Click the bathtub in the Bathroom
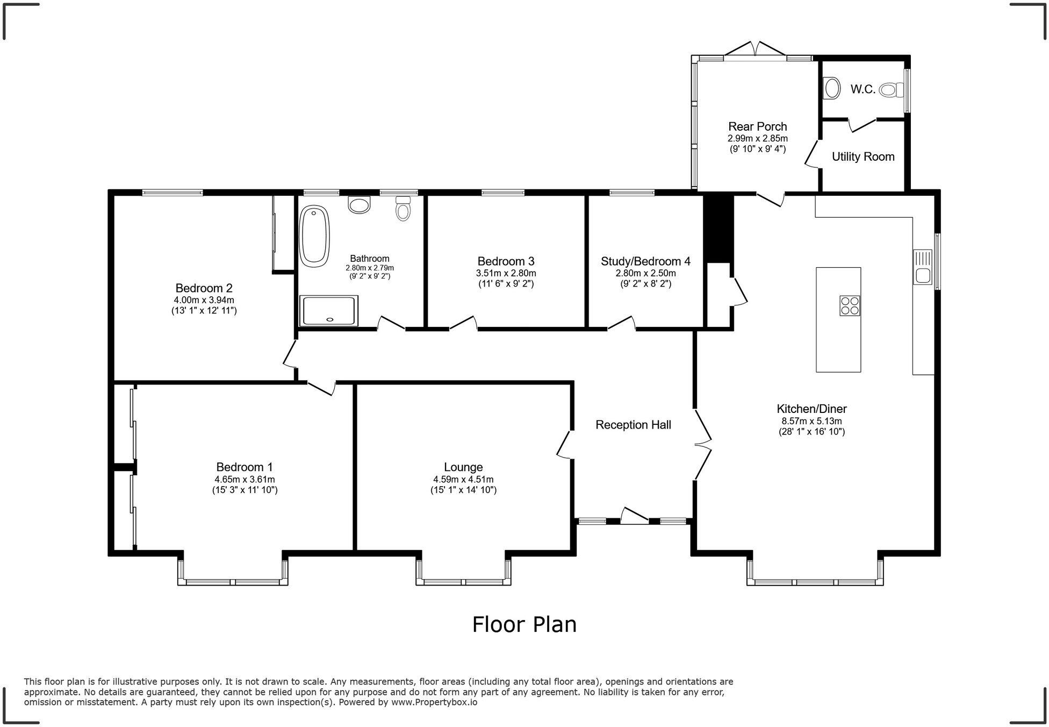coord(314,236)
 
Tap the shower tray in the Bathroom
coord(328,311)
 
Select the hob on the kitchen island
coord(850,305)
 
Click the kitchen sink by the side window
coord(923,267)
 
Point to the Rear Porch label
coord(757,126)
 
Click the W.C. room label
coord(863,90)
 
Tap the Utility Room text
coord(863,156)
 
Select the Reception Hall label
coord(633,425)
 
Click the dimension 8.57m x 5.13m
coord(811,422)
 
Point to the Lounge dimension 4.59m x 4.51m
coord(463,479)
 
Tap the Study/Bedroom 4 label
coord(645,261)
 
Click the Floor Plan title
coord(524,624)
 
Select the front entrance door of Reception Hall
coord(634,516)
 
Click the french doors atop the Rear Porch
coord(755,49)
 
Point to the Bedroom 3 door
coord(463,323)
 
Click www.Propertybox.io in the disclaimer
coord(434,702)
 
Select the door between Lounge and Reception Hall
coord(564,445)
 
